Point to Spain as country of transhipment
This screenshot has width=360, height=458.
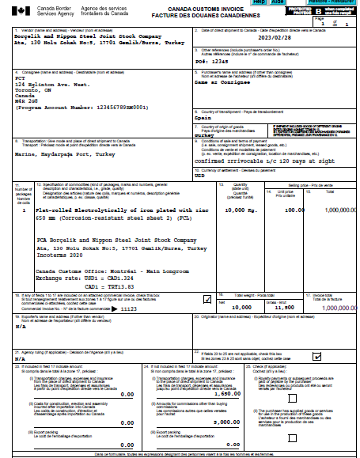click(203, 116)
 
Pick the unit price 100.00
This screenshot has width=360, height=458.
click(294, 210)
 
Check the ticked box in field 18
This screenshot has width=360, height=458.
click(208, 298)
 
